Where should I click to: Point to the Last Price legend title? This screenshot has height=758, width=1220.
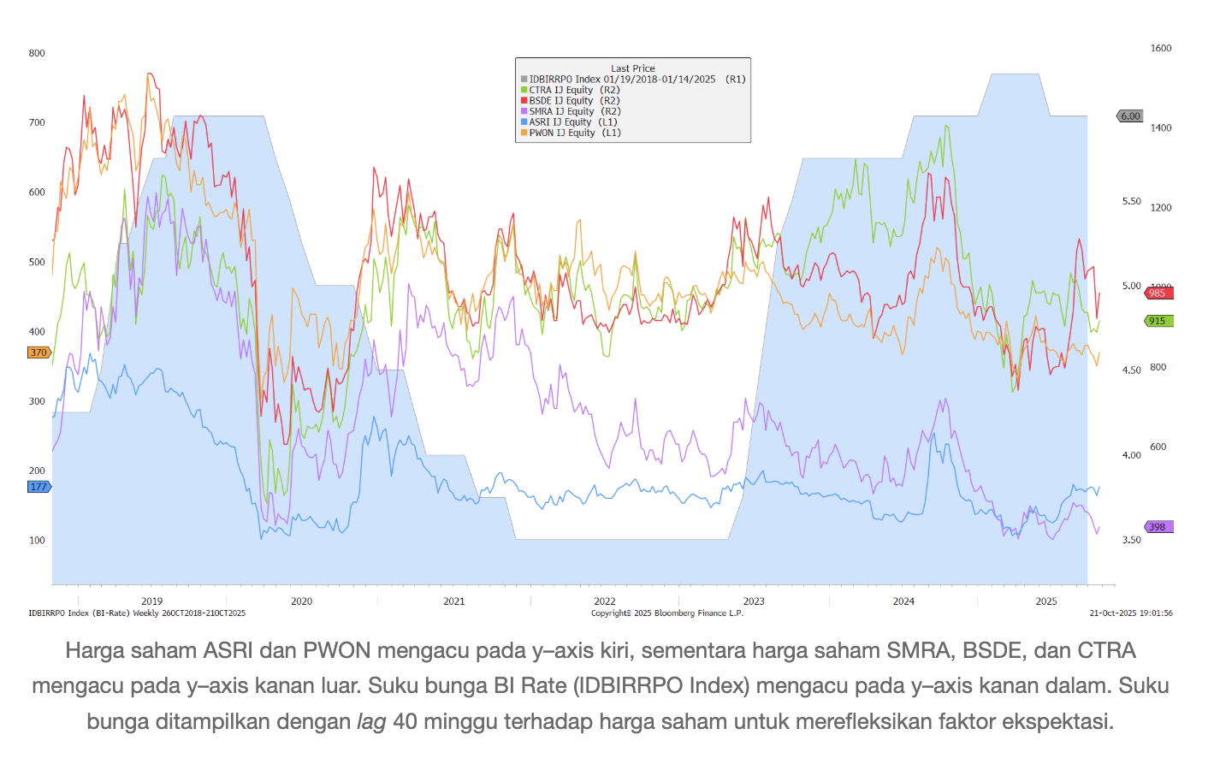tap(632, 68)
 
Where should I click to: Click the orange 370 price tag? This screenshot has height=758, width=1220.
tap(38, 352)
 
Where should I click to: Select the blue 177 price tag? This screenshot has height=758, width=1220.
tap(38, 487)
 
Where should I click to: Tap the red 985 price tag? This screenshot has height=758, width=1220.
tap(1158, 293)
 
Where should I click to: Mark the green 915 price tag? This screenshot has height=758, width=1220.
tap(1158, 321)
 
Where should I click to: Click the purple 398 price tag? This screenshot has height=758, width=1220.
tap(1158, 527)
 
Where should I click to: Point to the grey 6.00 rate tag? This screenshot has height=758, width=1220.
tap(1130, 116)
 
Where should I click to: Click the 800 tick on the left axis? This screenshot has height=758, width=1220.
tap(37, 53)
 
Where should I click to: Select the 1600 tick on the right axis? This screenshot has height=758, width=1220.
tap(1161, 49)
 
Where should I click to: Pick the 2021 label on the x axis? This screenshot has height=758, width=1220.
tap(454, 601)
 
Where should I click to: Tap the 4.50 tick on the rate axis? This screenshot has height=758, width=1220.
tap(1131, 370)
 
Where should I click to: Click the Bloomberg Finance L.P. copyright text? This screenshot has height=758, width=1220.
tap(667, 613)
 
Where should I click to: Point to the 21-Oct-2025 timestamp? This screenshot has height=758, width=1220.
tap(1131, 613)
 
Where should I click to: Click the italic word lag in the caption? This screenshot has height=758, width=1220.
tap(371, 721)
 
